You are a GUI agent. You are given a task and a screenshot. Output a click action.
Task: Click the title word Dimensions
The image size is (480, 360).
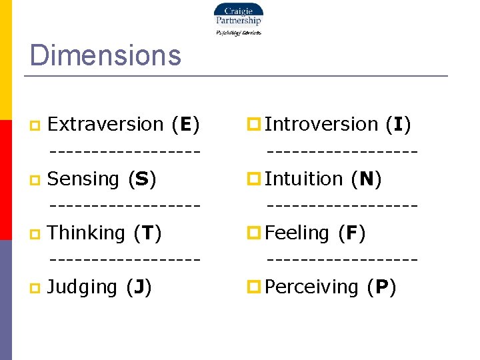105,55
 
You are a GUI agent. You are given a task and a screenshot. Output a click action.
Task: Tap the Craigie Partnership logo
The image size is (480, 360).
238,18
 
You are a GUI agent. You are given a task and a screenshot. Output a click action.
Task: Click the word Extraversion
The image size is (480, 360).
106,124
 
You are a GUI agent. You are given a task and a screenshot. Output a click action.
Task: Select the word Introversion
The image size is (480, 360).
321,124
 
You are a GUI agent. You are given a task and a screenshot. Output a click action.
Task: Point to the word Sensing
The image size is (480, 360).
83,179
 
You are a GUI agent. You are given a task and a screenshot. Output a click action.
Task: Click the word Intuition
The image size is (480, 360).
303,179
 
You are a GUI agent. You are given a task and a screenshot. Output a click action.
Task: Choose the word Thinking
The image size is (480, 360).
87,233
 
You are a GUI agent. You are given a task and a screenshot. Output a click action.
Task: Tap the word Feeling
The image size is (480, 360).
297,233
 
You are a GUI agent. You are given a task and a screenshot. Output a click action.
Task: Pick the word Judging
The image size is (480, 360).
83,287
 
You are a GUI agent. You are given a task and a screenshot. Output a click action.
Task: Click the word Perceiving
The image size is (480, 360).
312,287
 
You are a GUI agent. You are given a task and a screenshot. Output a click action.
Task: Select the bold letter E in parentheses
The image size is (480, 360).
186,125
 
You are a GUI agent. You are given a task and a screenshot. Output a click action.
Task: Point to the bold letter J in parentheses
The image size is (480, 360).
139,287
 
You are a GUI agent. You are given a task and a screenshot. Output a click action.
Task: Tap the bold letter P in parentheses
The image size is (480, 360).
382,287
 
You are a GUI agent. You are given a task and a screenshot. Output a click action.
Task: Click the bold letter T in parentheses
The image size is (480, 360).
147,233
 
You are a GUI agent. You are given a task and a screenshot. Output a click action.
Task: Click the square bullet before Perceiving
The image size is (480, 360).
253,287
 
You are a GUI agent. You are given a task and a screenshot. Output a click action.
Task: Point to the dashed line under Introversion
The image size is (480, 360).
342,151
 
